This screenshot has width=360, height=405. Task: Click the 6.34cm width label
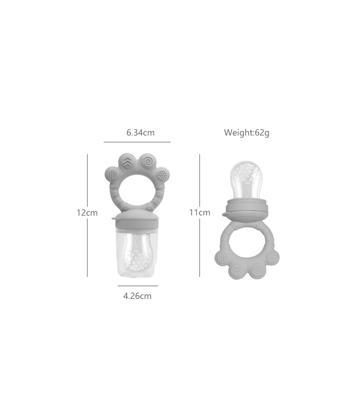[x=140, y=133]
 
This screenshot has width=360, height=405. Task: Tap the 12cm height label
[x=87, y=213]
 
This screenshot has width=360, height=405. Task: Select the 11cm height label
[x=200, y=213]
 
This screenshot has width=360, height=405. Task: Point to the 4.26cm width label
[x=137, y=296]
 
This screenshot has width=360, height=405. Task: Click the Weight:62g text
[x=247, y=133]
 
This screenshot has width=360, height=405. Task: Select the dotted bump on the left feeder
[x=162, y=175]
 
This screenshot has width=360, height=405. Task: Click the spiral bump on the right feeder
[x=257, y=270]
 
